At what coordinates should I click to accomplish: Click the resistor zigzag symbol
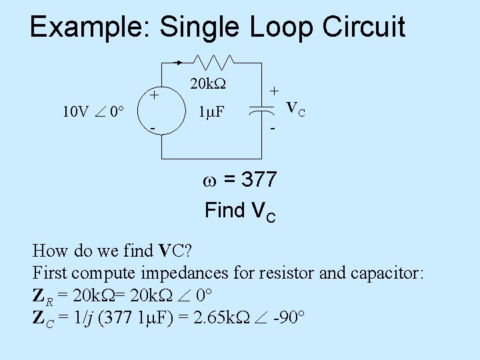tap(213, 62)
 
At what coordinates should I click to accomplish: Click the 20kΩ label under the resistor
tap(207, 85)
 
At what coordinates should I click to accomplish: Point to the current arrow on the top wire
tap(178, 63)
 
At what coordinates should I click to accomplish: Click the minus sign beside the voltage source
tap(153, 127)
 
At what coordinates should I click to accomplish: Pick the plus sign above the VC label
tap(274, 89)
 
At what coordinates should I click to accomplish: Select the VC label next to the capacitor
tap(295, 108)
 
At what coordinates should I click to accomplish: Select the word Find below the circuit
tap(225, 211)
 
